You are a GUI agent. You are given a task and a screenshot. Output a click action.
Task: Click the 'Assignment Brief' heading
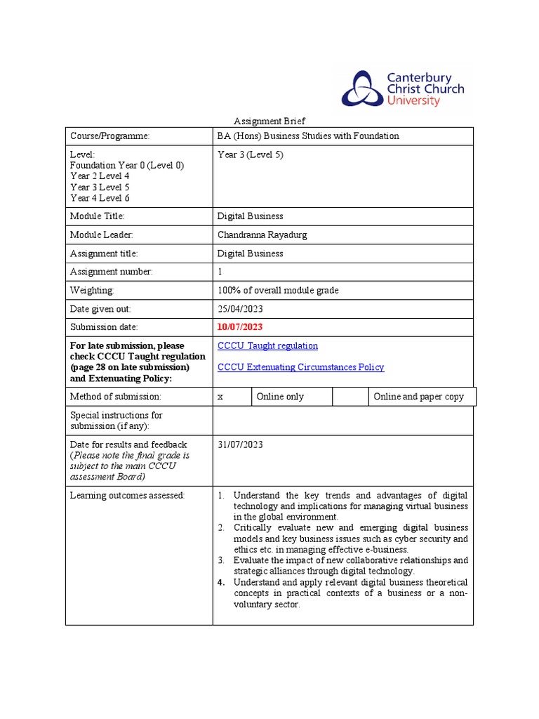(269, 121)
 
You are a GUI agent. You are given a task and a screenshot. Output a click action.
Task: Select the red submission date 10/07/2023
(241, 326)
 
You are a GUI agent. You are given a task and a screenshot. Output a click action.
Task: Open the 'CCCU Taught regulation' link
(267, 345)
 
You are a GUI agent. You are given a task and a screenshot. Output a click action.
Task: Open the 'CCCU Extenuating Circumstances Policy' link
(300, 367)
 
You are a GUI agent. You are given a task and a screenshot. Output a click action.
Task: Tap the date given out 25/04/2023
(241, 308)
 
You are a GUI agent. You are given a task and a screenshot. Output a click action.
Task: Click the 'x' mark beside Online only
(220, 397)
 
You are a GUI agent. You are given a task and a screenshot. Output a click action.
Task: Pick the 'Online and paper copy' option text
(418, 397)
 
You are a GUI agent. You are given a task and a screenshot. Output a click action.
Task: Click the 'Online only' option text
(280, 397)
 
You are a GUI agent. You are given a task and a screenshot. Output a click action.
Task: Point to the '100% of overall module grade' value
(278, 290)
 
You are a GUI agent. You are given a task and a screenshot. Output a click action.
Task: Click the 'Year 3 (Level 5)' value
(251, 154)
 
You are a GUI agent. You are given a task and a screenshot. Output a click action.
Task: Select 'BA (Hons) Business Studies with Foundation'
(308, 136)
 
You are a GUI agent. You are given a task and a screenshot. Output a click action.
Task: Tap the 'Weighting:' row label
(92, 290)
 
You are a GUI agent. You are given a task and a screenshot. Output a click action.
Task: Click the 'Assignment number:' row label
(111, 272)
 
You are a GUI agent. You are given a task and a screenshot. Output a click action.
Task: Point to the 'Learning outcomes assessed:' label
(127, 496)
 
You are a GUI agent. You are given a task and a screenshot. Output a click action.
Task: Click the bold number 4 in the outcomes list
(220, 582)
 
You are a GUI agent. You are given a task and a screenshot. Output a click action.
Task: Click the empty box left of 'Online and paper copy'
(350, 397)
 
